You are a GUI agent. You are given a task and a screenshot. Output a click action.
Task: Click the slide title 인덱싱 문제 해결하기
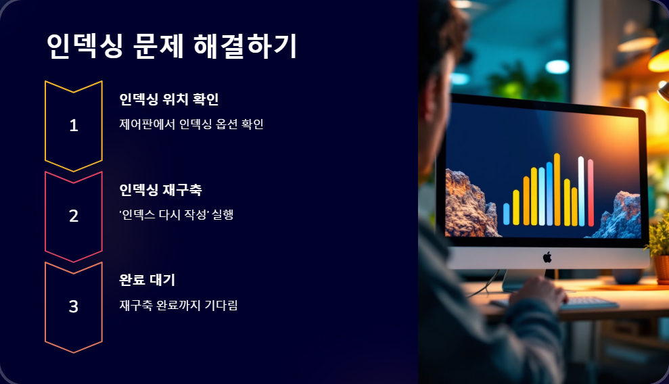[x=172, y=46]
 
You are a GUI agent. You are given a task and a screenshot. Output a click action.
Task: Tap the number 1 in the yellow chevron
[x=74, y=125]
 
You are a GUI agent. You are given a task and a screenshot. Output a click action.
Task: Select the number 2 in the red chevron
[x=74, y=216]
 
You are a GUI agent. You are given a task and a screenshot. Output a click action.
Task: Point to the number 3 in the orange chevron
[x=74, y=306]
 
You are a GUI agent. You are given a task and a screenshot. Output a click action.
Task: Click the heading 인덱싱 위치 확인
[x=168, y=99]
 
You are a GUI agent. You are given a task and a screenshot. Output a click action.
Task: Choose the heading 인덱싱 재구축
[x=160, y=190]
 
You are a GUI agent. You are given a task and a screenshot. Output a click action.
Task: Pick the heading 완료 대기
[x=147, y=280]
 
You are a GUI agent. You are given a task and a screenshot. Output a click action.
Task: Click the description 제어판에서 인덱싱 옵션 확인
[x=191, y=124]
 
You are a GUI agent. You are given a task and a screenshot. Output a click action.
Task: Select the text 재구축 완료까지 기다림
[x=178, y=306]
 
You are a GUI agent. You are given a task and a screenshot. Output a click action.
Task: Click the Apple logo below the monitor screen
[x=547, y=257]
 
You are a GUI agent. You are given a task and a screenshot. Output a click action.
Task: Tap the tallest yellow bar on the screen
[x=557, y=189]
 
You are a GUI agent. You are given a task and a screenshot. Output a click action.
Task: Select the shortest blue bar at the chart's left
[x=506, y=214]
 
